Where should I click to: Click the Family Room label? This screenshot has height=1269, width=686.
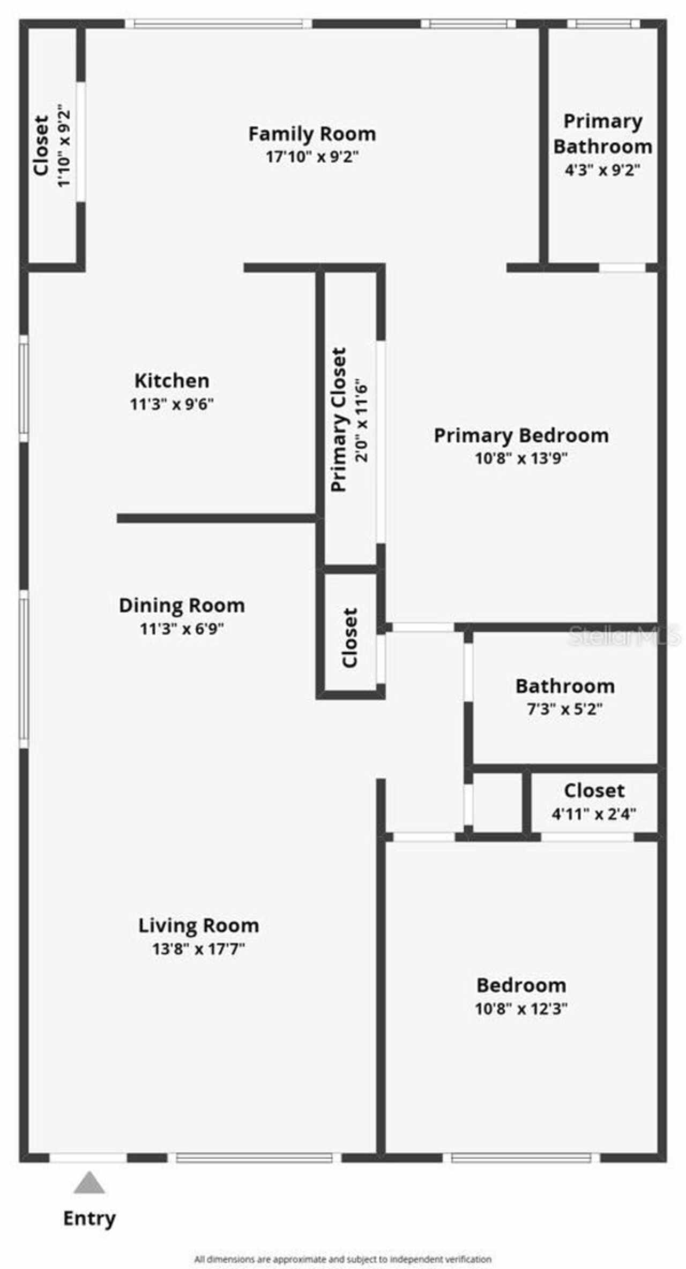(312, 134)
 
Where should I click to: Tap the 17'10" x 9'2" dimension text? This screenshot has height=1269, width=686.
(312, 157)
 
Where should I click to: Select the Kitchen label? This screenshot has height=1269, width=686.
(171, 381)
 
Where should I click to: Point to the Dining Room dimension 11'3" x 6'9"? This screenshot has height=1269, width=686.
(182, 628)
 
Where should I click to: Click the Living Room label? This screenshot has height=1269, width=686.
(199, 926)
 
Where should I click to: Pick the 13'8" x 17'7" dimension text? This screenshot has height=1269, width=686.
(199, 949)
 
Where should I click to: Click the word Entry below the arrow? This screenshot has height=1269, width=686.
(90, 1218)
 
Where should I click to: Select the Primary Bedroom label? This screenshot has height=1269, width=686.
(521, 435)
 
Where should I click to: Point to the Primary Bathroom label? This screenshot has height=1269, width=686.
(602, 134)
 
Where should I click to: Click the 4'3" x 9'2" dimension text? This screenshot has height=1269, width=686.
(602, 170)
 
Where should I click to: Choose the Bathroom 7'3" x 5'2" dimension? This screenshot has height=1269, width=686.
(565, 709)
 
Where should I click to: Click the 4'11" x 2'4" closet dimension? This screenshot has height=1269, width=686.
(594, 814)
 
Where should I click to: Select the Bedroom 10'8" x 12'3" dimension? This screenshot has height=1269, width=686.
(521, 1009)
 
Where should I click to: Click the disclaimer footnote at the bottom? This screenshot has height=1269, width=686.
(342, 1259)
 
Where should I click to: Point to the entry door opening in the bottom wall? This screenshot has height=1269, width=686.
(88, 1158)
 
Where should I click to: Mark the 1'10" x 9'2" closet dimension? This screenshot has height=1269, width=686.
(64, 146)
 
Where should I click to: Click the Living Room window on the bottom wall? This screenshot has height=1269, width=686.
(254, 1158)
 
